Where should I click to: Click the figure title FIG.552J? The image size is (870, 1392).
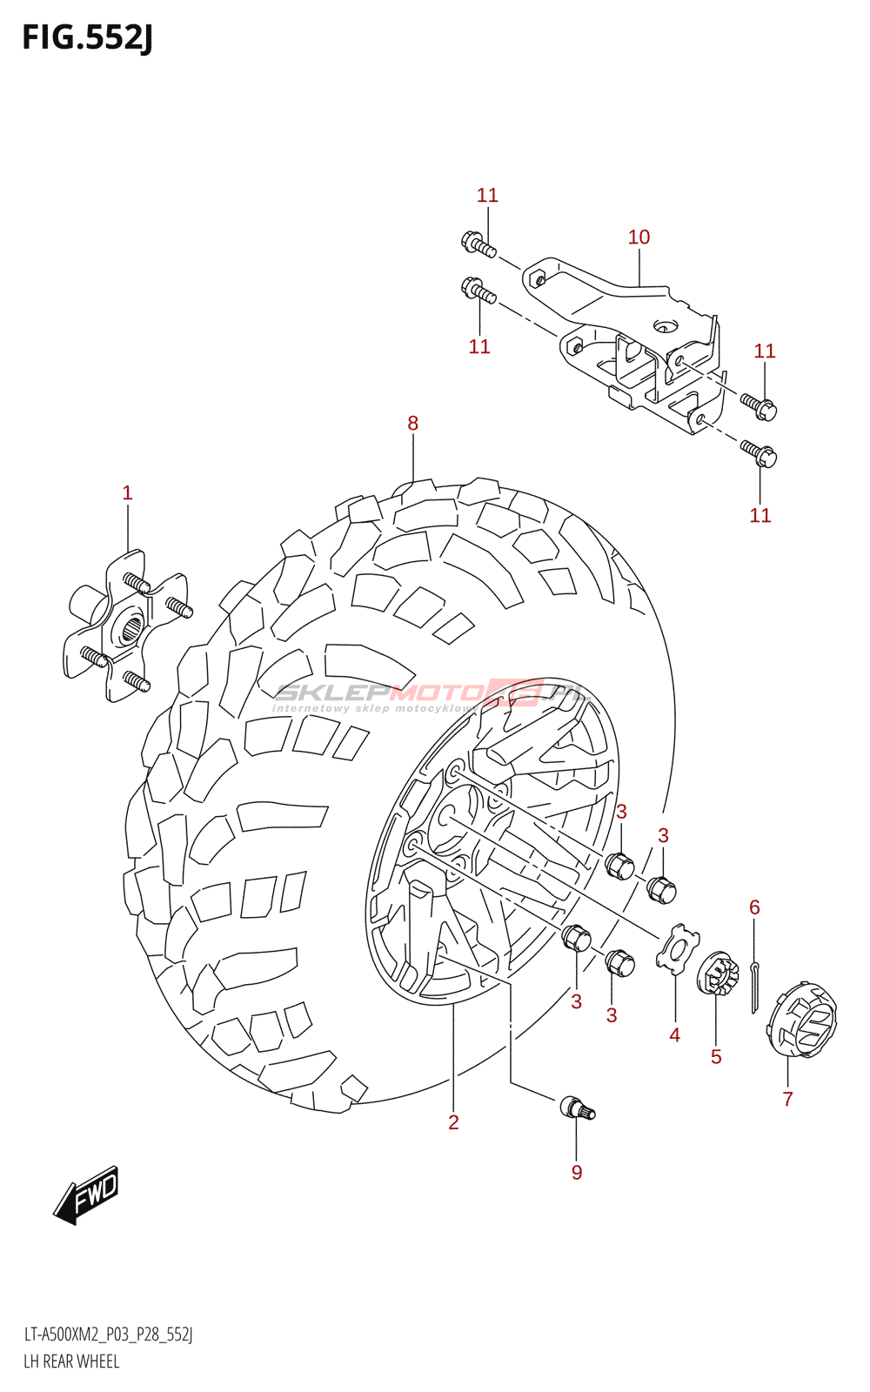click(x=87, y=38)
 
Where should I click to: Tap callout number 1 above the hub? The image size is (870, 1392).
click(x=127, y=493)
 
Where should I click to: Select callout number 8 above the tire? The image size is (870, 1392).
click(x=412, y=424)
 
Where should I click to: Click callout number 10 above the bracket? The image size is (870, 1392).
click(x=639, y=238)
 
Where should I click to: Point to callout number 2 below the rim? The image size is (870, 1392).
click(x=453, y=1122)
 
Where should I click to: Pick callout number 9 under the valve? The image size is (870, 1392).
click(x=577, y=1173)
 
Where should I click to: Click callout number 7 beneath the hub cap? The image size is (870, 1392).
click(x=787, y=1099)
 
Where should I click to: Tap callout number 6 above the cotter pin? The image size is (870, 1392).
click(x=754, y=907)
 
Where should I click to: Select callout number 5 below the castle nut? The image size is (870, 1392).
click(x=716, y=1057)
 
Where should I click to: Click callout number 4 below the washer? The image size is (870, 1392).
click(x=675, y=1035)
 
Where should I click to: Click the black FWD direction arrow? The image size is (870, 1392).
click(x=86, y=1195)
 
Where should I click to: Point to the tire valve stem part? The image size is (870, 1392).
click(x=577, y=1108)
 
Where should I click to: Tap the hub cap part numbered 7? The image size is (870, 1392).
click(x=801, y=1020)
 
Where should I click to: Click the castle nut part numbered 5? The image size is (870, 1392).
click(x=718, y=974)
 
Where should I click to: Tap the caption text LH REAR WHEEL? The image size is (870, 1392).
click(x=71, y=1362)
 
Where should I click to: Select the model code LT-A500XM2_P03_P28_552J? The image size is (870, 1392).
click(x=108, y=1335)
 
